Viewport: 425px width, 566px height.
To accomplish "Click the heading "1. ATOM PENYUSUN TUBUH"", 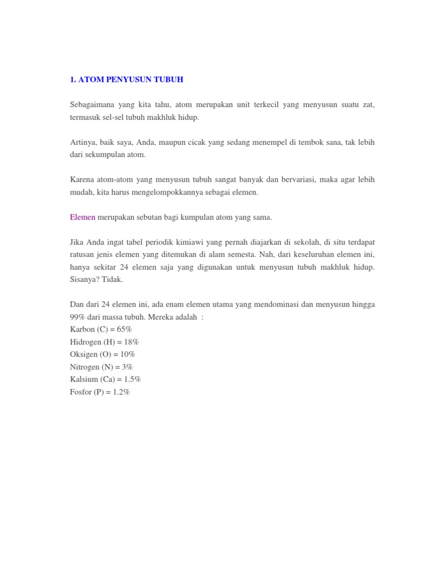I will coord(127,80).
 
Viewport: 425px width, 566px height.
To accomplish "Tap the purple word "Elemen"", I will coord(83,217).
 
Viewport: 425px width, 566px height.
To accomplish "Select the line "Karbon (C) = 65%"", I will coord(101,329).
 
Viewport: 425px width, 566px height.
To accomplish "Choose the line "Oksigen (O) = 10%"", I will coord(102,354).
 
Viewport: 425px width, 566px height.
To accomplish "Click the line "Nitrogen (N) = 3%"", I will coord(101,367).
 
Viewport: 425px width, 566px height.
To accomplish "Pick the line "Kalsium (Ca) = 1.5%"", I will coord(106,380).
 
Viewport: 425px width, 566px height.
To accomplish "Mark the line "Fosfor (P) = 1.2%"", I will coord(100,392).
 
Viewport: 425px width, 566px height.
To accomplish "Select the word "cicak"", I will coord(216,142).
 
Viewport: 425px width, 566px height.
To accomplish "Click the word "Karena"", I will coord(82,180).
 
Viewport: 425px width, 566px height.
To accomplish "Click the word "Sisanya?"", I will coord(86,280).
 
